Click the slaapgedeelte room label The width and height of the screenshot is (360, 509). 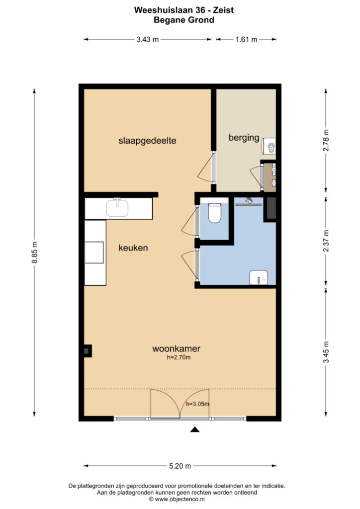147,141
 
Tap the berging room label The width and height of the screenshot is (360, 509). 244,138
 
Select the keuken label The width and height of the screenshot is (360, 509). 133,248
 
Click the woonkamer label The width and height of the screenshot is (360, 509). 176,348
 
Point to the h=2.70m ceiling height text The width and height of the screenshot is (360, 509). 179,358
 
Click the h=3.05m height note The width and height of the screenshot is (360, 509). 197,404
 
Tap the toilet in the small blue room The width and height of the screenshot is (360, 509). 214,213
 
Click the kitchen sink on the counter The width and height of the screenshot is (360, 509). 117,208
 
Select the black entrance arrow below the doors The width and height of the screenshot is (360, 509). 194,430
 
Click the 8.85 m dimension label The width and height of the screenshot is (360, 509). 35,252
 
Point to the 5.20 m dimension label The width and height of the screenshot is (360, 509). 180,466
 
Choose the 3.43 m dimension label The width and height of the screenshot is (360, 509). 148,40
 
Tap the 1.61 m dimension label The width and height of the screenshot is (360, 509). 247,40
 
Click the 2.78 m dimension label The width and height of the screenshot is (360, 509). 326,140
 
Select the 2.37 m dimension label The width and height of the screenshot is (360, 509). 326,241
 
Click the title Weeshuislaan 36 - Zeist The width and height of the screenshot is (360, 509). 184,10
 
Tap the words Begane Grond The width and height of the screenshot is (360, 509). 184,20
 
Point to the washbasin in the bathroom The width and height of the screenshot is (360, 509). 259,277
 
